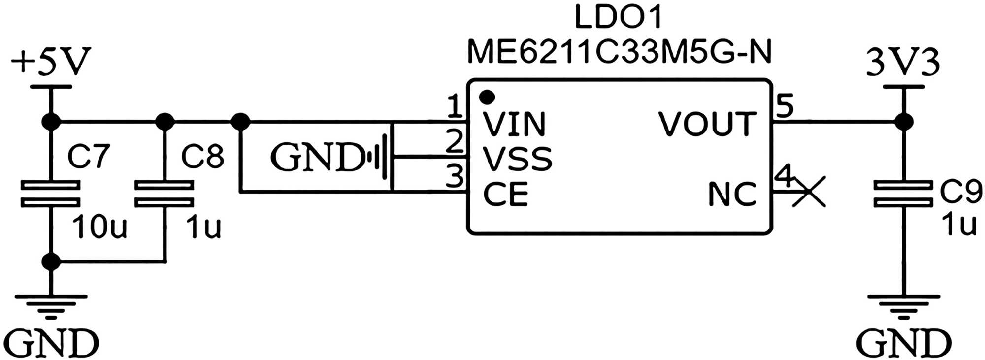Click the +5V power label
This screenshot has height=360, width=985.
pos(51,62)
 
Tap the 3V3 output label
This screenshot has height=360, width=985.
pos(903,63)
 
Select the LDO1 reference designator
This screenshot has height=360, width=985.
pos(618,17)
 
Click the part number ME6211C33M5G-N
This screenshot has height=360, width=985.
pos(619,52)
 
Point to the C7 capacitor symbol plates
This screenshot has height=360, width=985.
pos(50,194)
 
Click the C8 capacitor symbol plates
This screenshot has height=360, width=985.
pos(164,194)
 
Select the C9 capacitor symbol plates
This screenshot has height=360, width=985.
pos(903,194)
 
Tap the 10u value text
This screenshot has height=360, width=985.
pos(99,227)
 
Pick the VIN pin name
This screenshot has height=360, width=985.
pos(514,124)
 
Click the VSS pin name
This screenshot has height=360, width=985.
pos(517,159)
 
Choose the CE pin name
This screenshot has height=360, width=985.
pos(505,194)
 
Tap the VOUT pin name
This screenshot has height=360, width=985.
pos(707,124)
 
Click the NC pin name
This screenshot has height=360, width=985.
pos(732,194)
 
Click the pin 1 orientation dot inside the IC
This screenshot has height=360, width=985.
pos(487,97)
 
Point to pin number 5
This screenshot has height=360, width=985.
pos(784,106)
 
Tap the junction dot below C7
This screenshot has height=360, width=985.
pos(51,262)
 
